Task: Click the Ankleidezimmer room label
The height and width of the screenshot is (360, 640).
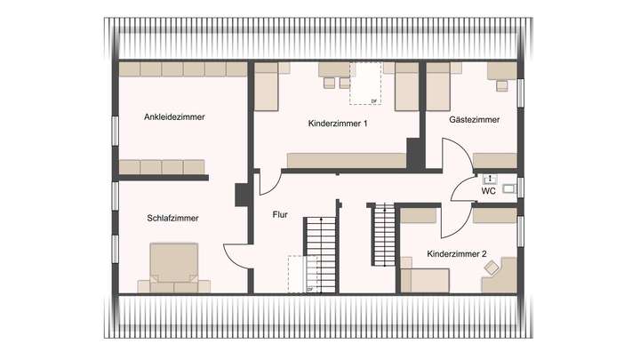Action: (174, 116)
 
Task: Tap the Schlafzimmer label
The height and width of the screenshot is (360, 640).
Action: (173, 217)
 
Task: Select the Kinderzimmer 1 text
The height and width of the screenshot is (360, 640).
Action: (338, 124)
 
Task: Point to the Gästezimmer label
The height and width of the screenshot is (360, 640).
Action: (474, 119)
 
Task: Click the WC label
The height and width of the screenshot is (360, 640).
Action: (488, 191)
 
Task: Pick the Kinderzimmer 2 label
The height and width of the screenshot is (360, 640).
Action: (456, 254)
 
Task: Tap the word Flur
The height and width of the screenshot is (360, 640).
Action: (280, 214)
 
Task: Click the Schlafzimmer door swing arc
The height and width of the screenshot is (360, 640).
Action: (236, 255)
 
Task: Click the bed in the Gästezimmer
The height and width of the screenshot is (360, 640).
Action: (440, 88)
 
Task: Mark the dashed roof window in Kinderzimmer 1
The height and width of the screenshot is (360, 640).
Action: (365, 84)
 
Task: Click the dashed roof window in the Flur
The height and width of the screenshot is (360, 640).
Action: (301, 274)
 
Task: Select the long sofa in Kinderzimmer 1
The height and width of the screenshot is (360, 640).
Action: (345, 160)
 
